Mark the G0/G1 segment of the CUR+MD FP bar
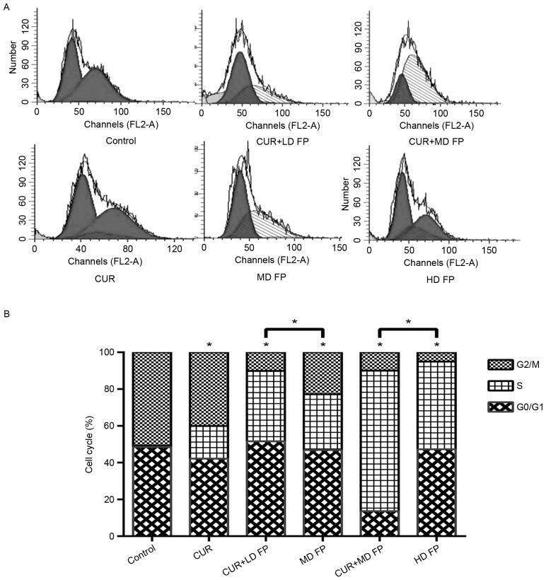coord(379,523)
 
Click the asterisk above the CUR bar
coord(209,345)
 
